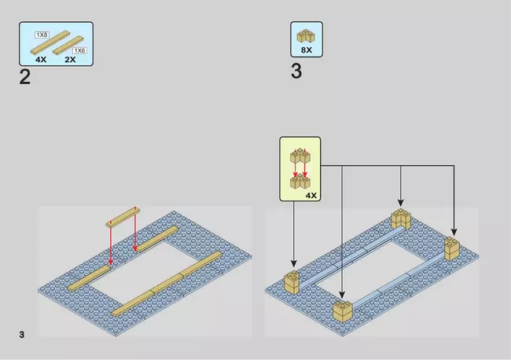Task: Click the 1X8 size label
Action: point(42,35)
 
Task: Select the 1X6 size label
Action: point(79,50)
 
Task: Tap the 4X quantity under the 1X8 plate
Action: point(41,60)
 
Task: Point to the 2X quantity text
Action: point(70,60)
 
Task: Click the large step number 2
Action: point(25,77)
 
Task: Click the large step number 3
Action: point(296,72)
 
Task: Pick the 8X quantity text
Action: point(307,50)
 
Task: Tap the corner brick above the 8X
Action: point(306,36)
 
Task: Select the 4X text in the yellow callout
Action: point(311,196)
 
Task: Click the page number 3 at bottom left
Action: point(22,335)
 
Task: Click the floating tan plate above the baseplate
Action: point(123,217)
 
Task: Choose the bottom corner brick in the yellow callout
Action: point(300,182)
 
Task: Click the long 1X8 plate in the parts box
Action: point(50,42)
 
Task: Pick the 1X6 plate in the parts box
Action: point(68,46)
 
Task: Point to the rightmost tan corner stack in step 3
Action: point(452,248)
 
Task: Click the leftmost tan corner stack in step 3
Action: point(292,282)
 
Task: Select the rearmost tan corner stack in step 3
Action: point(402,219)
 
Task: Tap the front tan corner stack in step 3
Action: point(343,311)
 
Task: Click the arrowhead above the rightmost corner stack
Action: point(454,232)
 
